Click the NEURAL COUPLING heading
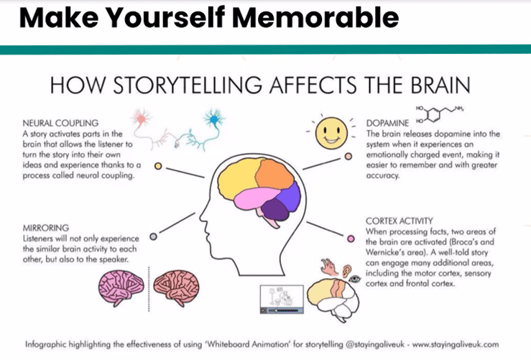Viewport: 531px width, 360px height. click(x=60, y=123)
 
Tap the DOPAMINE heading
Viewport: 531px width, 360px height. click(x=387, y=123)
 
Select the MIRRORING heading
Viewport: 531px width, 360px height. click(x=46, y=228)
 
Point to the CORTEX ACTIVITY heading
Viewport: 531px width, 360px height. click(x=400, y=221)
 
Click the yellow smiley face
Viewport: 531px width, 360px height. click(x=331, y=133)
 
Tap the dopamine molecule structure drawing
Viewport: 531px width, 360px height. click(x=439, y=114)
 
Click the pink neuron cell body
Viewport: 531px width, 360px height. click(x=141, y=119)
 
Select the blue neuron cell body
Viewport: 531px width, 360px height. click(x=213, y=119)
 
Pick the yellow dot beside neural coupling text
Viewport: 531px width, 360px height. click(x=158, y=166)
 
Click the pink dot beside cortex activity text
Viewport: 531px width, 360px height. click(x=351, y=239)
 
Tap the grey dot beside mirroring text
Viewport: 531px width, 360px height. click(x=153, y=236)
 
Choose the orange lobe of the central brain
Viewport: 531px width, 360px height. click(x=274, y=174)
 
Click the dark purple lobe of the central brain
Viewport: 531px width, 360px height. click(x=275, y=209)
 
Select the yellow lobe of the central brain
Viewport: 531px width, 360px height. click(x=237, y=176)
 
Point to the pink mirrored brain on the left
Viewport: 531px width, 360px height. click(x=121, y=287)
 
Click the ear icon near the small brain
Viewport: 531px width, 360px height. click(x=346, y=271)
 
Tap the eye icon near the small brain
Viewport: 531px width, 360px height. click(x=354, y=279)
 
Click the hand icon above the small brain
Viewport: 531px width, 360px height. click(x=328, y=267)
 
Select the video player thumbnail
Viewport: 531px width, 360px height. click(x=282, y=299)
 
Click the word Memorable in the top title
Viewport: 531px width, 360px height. click(x=315, y=17)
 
